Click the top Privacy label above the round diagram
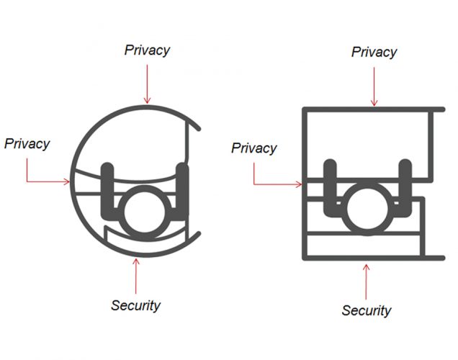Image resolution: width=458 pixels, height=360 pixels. pyautogui.click(x=147, y=50)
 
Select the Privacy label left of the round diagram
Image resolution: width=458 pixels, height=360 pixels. pyautogui.click(x=27, y=143)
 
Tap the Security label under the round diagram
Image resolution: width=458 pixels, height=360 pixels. pyautogui.click(x=135, y=305)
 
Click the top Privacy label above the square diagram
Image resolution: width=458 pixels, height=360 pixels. pyautogui.click(x=374, y=52)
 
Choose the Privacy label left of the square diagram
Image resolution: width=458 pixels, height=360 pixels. pyautogui.click(x=253, y=148)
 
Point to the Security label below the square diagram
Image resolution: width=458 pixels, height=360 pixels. pyautogui.click(x=367, y=310)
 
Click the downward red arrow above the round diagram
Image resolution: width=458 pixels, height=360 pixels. pyautogui.click(x=147, y=83)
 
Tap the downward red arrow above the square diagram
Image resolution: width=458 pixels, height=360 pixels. pyautogui.click(x=374, y=85)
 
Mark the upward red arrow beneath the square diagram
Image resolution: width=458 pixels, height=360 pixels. pyautogui.click(x=367, y=280)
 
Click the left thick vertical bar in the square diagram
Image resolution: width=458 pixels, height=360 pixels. pyautogui.click(x=331, y=186)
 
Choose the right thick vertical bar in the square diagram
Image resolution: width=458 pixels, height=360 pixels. pyautogui.click(x=405, y=186)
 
